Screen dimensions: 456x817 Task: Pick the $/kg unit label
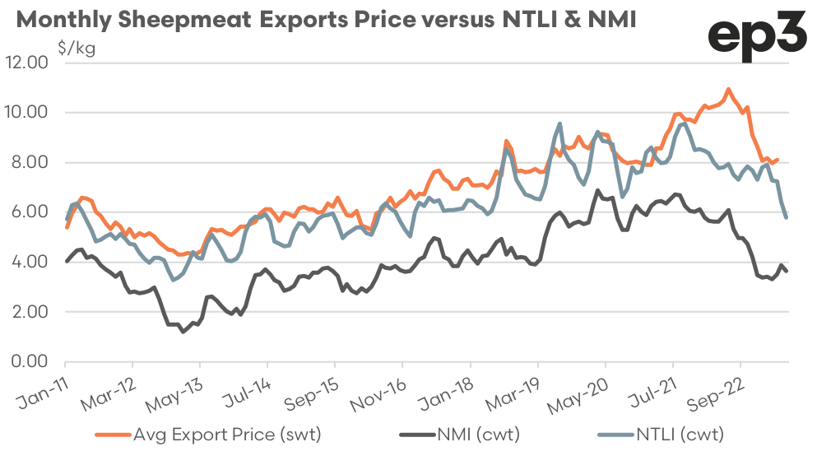[x=77, y=48]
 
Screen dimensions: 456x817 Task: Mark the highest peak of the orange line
[x=728, y=89]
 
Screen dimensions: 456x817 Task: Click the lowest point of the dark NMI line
[x=183, y=332]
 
